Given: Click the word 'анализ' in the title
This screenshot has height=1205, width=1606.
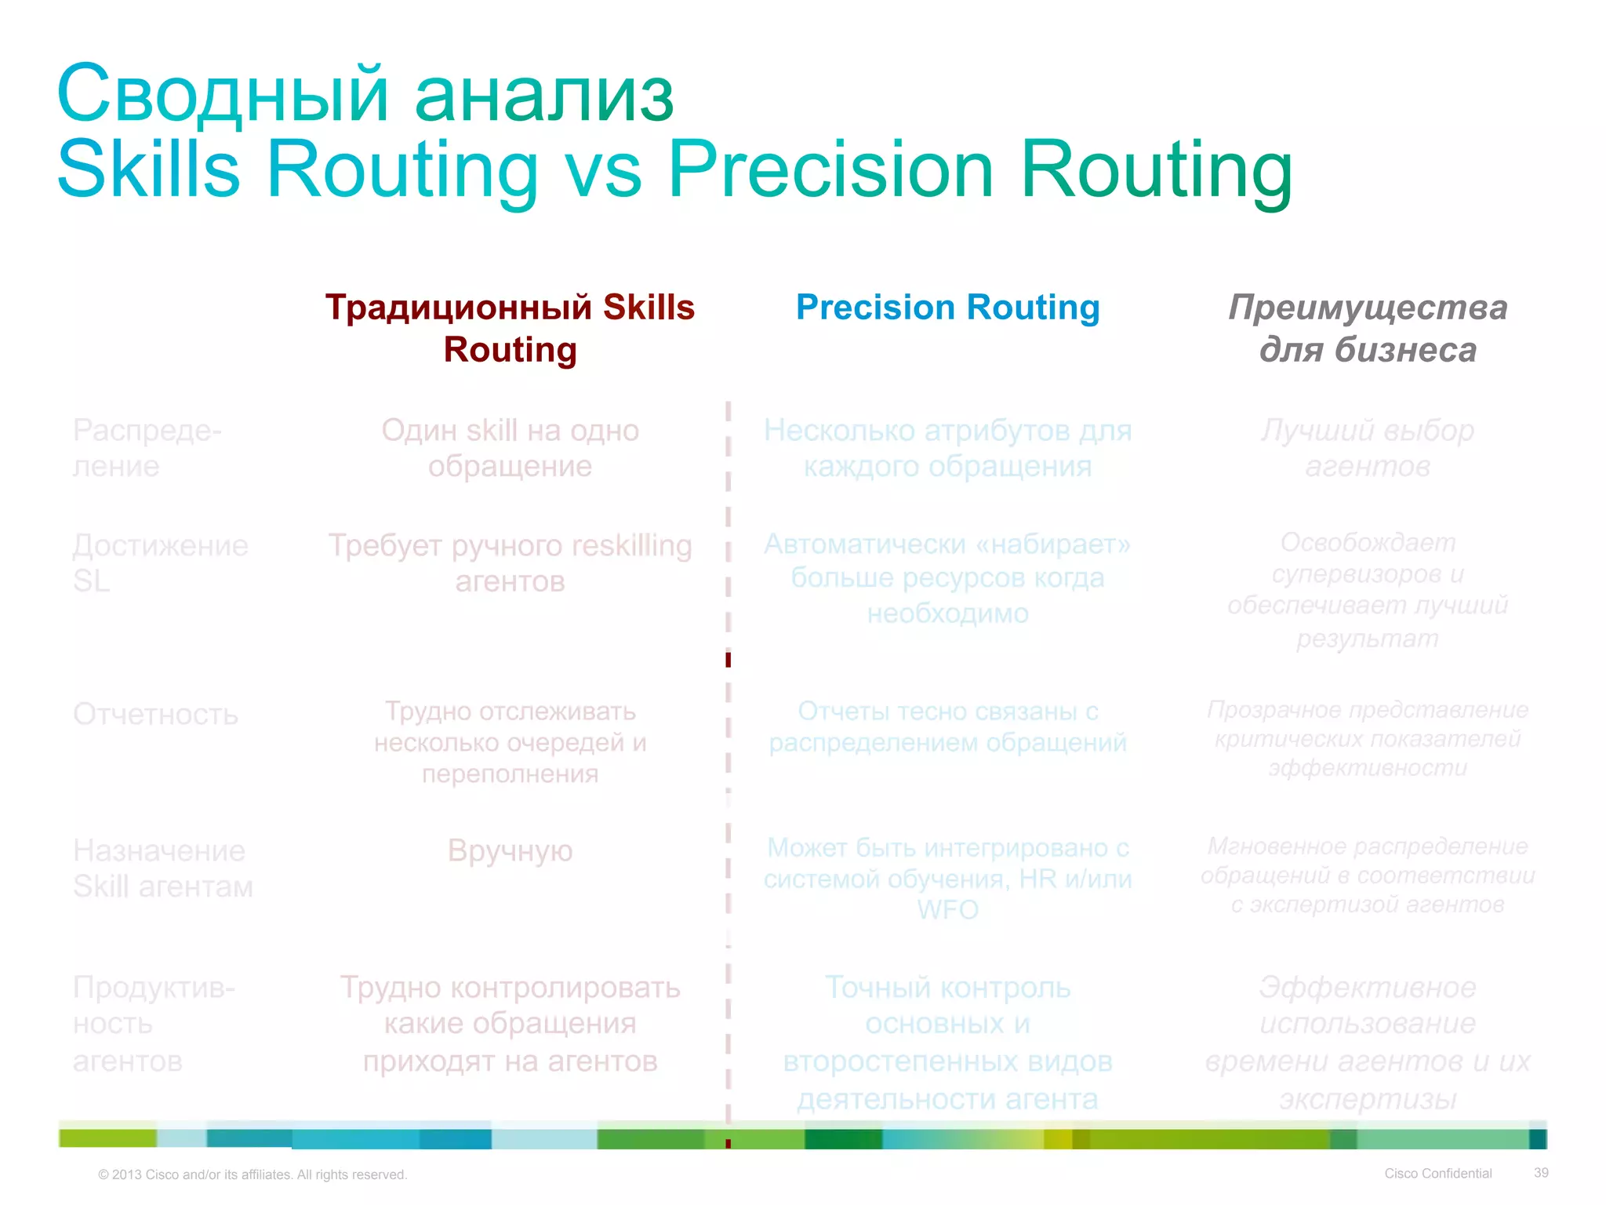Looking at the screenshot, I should pos(543,96).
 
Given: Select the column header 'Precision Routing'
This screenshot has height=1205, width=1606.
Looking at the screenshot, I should pos(947,307).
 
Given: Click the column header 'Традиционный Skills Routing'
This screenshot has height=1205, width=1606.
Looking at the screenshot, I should pos(510,328).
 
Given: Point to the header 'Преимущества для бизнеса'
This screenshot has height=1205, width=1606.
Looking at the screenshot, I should pos(1368,328).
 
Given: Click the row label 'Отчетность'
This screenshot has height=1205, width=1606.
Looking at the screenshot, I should pos(155,715).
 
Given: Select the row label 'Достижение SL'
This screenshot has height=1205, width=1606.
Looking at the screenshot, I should pos(160,562).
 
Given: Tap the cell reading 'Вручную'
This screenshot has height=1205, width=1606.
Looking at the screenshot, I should pos(510,850).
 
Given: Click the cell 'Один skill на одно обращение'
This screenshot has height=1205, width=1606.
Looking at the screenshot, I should pos(510,448).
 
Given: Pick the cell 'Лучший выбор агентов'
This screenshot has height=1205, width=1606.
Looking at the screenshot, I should pos(1368,448).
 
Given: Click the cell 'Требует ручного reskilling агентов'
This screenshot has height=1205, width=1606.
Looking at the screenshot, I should pos(510,562).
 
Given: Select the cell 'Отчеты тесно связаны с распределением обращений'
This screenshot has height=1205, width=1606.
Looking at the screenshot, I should pos(947,726).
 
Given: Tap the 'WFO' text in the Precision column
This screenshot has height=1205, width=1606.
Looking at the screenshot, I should pos(947,910).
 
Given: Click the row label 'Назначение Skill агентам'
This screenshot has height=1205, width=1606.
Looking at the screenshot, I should pos(162,868).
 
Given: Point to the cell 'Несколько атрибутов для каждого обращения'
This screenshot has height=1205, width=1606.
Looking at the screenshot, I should pos(947,448).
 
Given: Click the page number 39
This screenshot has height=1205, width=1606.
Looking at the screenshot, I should pos(1541,1173).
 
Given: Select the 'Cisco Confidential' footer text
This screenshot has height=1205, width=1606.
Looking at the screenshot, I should pos(1437,1174).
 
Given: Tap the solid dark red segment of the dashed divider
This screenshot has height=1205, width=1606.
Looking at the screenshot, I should pos(729,660).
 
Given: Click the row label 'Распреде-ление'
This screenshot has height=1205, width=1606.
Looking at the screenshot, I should pos(147,448).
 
